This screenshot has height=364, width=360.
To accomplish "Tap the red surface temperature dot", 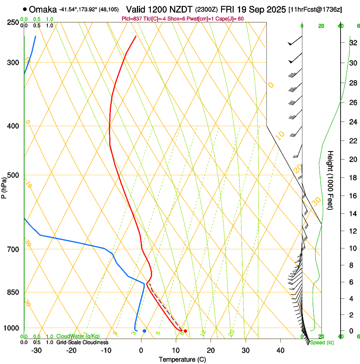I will (185, 331).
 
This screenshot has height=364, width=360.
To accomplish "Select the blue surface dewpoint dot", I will (144, 331).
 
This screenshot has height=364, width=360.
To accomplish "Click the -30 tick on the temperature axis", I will (36, 350).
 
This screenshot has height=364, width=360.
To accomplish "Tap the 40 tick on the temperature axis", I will (280, 350).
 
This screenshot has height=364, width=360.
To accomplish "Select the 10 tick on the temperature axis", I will (176, 350).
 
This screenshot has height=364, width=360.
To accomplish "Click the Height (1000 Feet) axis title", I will (331, 180).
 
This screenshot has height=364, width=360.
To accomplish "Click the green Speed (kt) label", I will (321, 342).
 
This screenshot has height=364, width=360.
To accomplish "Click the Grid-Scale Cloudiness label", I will (82, 342).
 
